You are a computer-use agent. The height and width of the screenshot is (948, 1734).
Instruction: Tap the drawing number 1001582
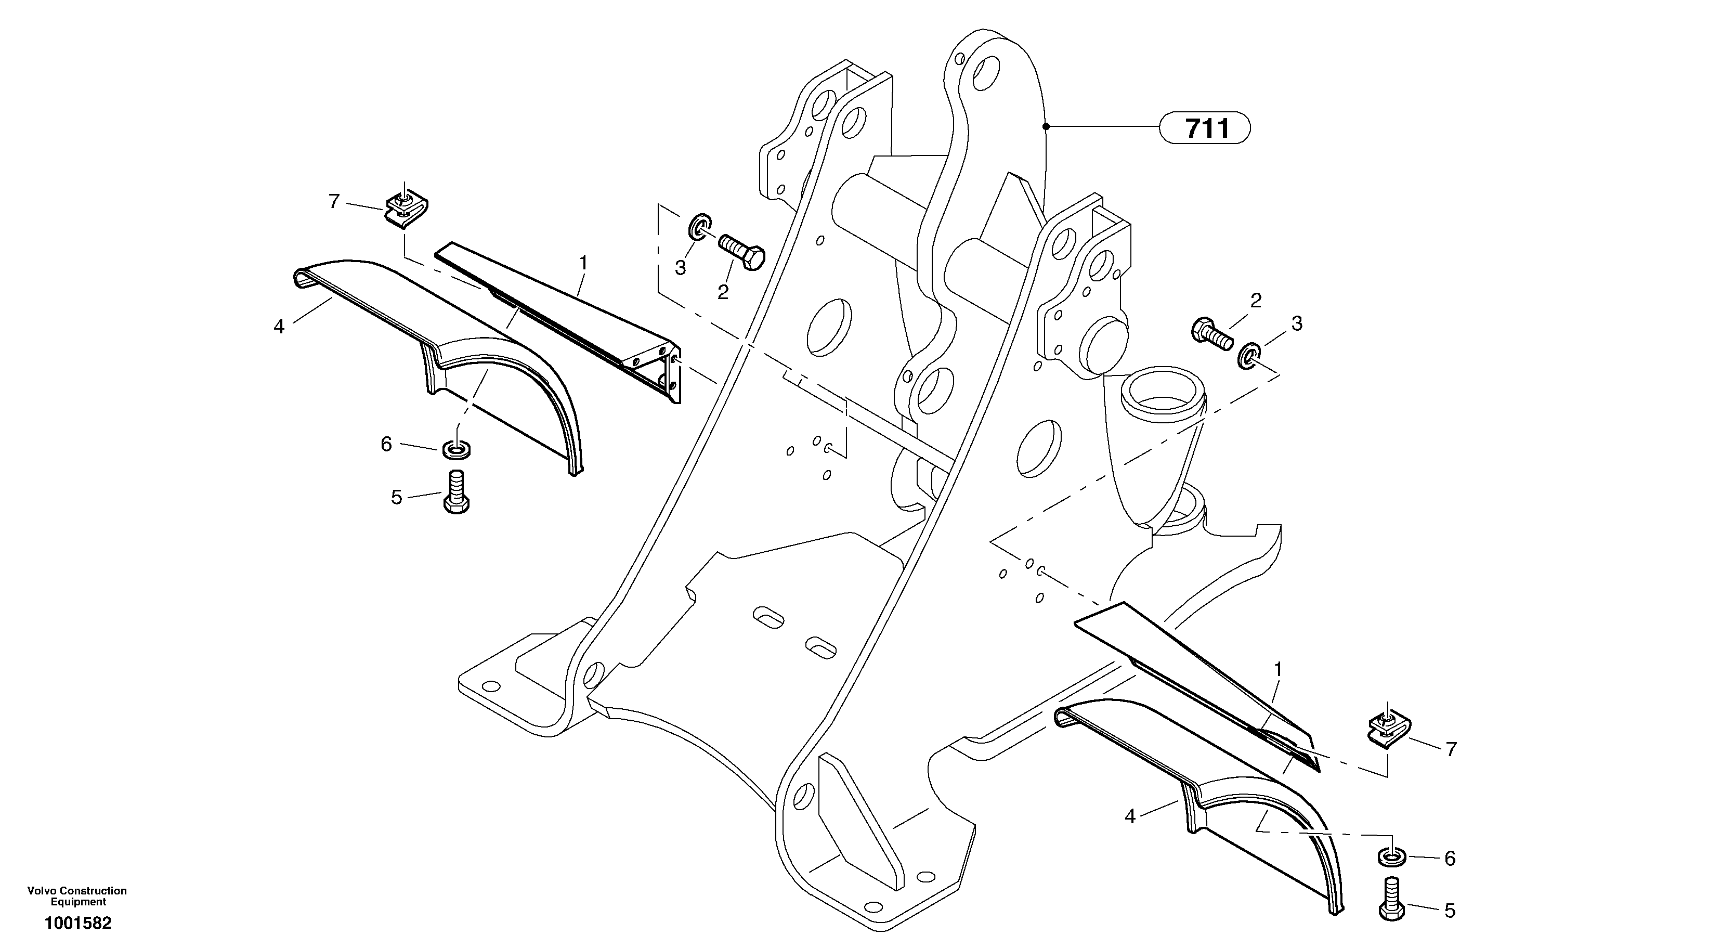78,923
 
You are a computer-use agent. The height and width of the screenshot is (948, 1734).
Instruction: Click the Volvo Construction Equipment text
77,896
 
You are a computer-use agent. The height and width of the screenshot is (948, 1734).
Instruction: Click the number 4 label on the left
279,327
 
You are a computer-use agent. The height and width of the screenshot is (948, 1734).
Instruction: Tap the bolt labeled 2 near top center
742,251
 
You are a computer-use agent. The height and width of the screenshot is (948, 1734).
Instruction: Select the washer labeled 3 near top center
700,227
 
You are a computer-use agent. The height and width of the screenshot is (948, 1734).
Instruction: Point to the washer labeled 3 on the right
1249,356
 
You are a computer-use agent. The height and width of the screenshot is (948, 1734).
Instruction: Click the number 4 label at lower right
1130,817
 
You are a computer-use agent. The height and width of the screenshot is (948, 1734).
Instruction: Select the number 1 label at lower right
1277,670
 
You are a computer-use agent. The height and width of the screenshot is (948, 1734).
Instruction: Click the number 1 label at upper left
583,263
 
